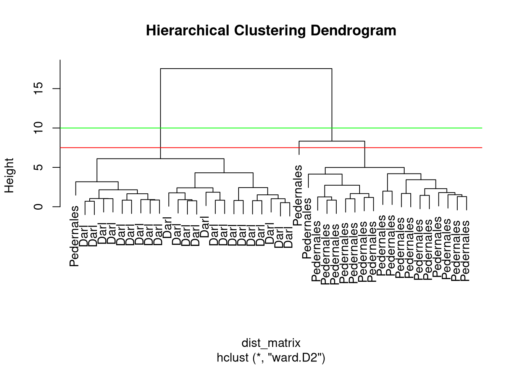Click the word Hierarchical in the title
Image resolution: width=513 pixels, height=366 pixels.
tap(187, 30)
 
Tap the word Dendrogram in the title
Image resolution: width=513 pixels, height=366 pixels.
tap(353, 30)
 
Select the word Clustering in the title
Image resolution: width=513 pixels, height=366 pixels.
tap(270, 30)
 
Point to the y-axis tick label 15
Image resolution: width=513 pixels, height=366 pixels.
tap(38, 88)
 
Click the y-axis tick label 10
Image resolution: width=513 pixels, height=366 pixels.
tap(38, 128)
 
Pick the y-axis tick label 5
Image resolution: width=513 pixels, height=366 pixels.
tap(38, 167)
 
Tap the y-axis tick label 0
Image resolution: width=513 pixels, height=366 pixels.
tap(38, 207)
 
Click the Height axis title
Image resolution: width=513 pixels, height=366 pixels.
tap(9, 175)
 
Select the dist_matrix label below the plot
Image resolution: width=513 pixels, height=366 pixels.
tap(271, 343)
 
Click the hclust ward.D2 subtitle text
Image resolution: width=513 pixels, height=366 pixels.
tap(271, 358)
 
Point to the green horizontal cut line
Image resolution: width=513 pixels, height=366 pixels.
tap(271, 128)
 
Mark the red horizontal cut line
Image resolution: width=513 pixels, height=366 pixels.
tap(271, 148)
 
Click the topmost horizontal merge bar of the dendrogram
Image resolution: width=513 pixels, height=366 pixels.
tap(246, 68)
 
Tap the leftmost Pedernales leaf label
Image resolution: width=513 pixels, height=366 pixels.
tap(74, 236)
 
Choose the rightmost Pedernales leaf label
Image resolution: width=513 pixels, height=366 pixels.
tap(465, 251)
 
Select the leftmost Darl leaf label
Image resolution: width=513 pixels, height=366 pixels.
tap(84, 236)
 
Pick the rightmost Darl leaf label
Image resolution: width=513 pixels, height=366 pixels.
tap(288, 238)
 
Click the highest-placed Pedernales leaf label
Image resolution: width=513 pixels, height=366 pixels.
tap(298, 195)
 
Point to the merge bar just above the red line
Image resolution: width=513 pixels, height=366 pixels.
tap(332, 141)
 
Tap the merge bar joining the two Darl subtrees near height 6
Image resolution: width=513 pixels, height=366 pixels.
tap(160, 159)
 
